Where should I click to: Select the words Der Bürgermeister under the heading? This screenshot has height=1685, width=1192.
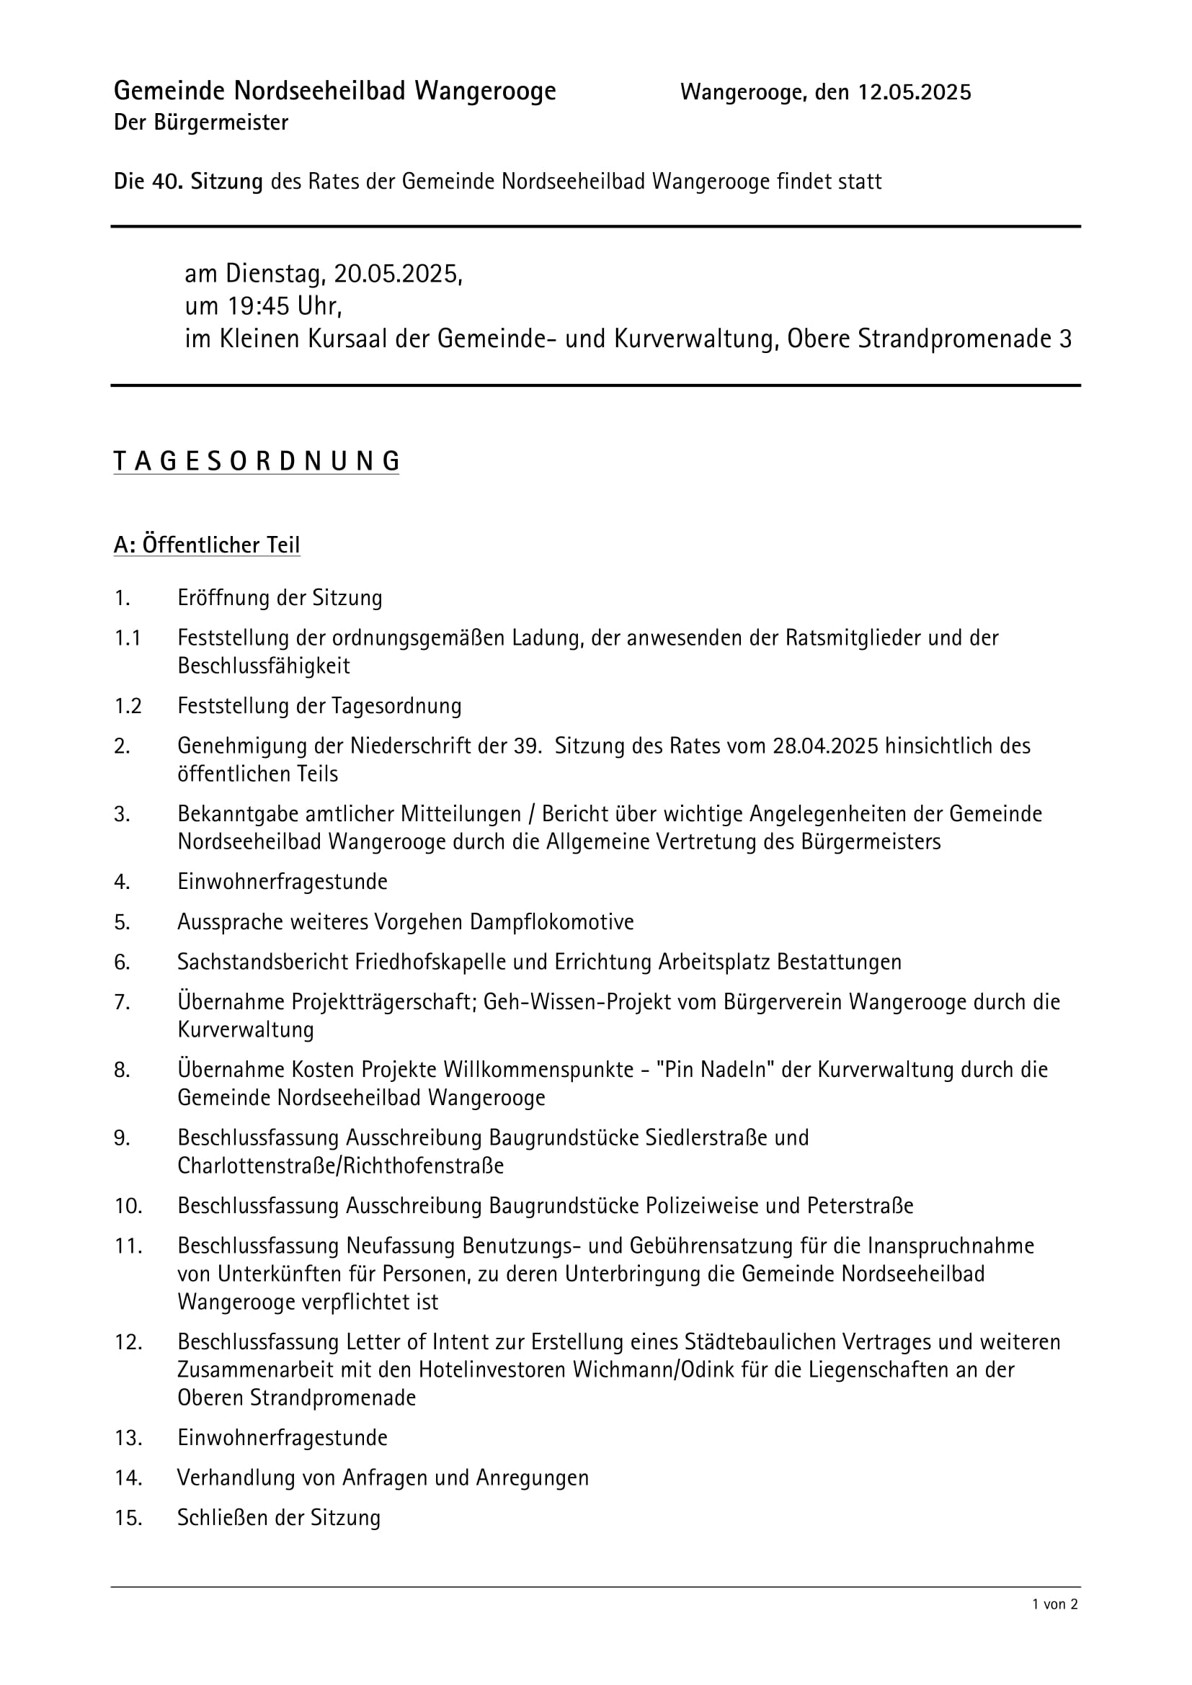[201, 122]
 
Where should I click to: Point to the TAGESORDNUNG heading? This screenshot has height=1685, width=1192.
[256, 461]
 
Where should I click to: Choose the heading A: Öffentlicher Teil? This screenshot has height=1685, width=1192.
[206, 545]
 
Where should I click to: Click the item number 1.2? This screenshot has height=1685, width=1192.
[127, 706]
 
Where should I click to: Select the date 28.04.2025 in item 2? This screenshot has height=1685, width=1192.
[826, 746]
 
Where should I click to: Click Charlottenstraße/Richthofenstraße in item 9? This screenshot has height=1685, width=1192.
[341, 1166]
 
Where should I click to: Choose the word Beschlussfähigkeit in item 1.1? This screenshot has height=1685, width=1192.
[264, 666]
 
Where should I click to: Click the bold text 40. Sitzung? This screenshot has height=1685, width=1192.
[207, 182]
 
